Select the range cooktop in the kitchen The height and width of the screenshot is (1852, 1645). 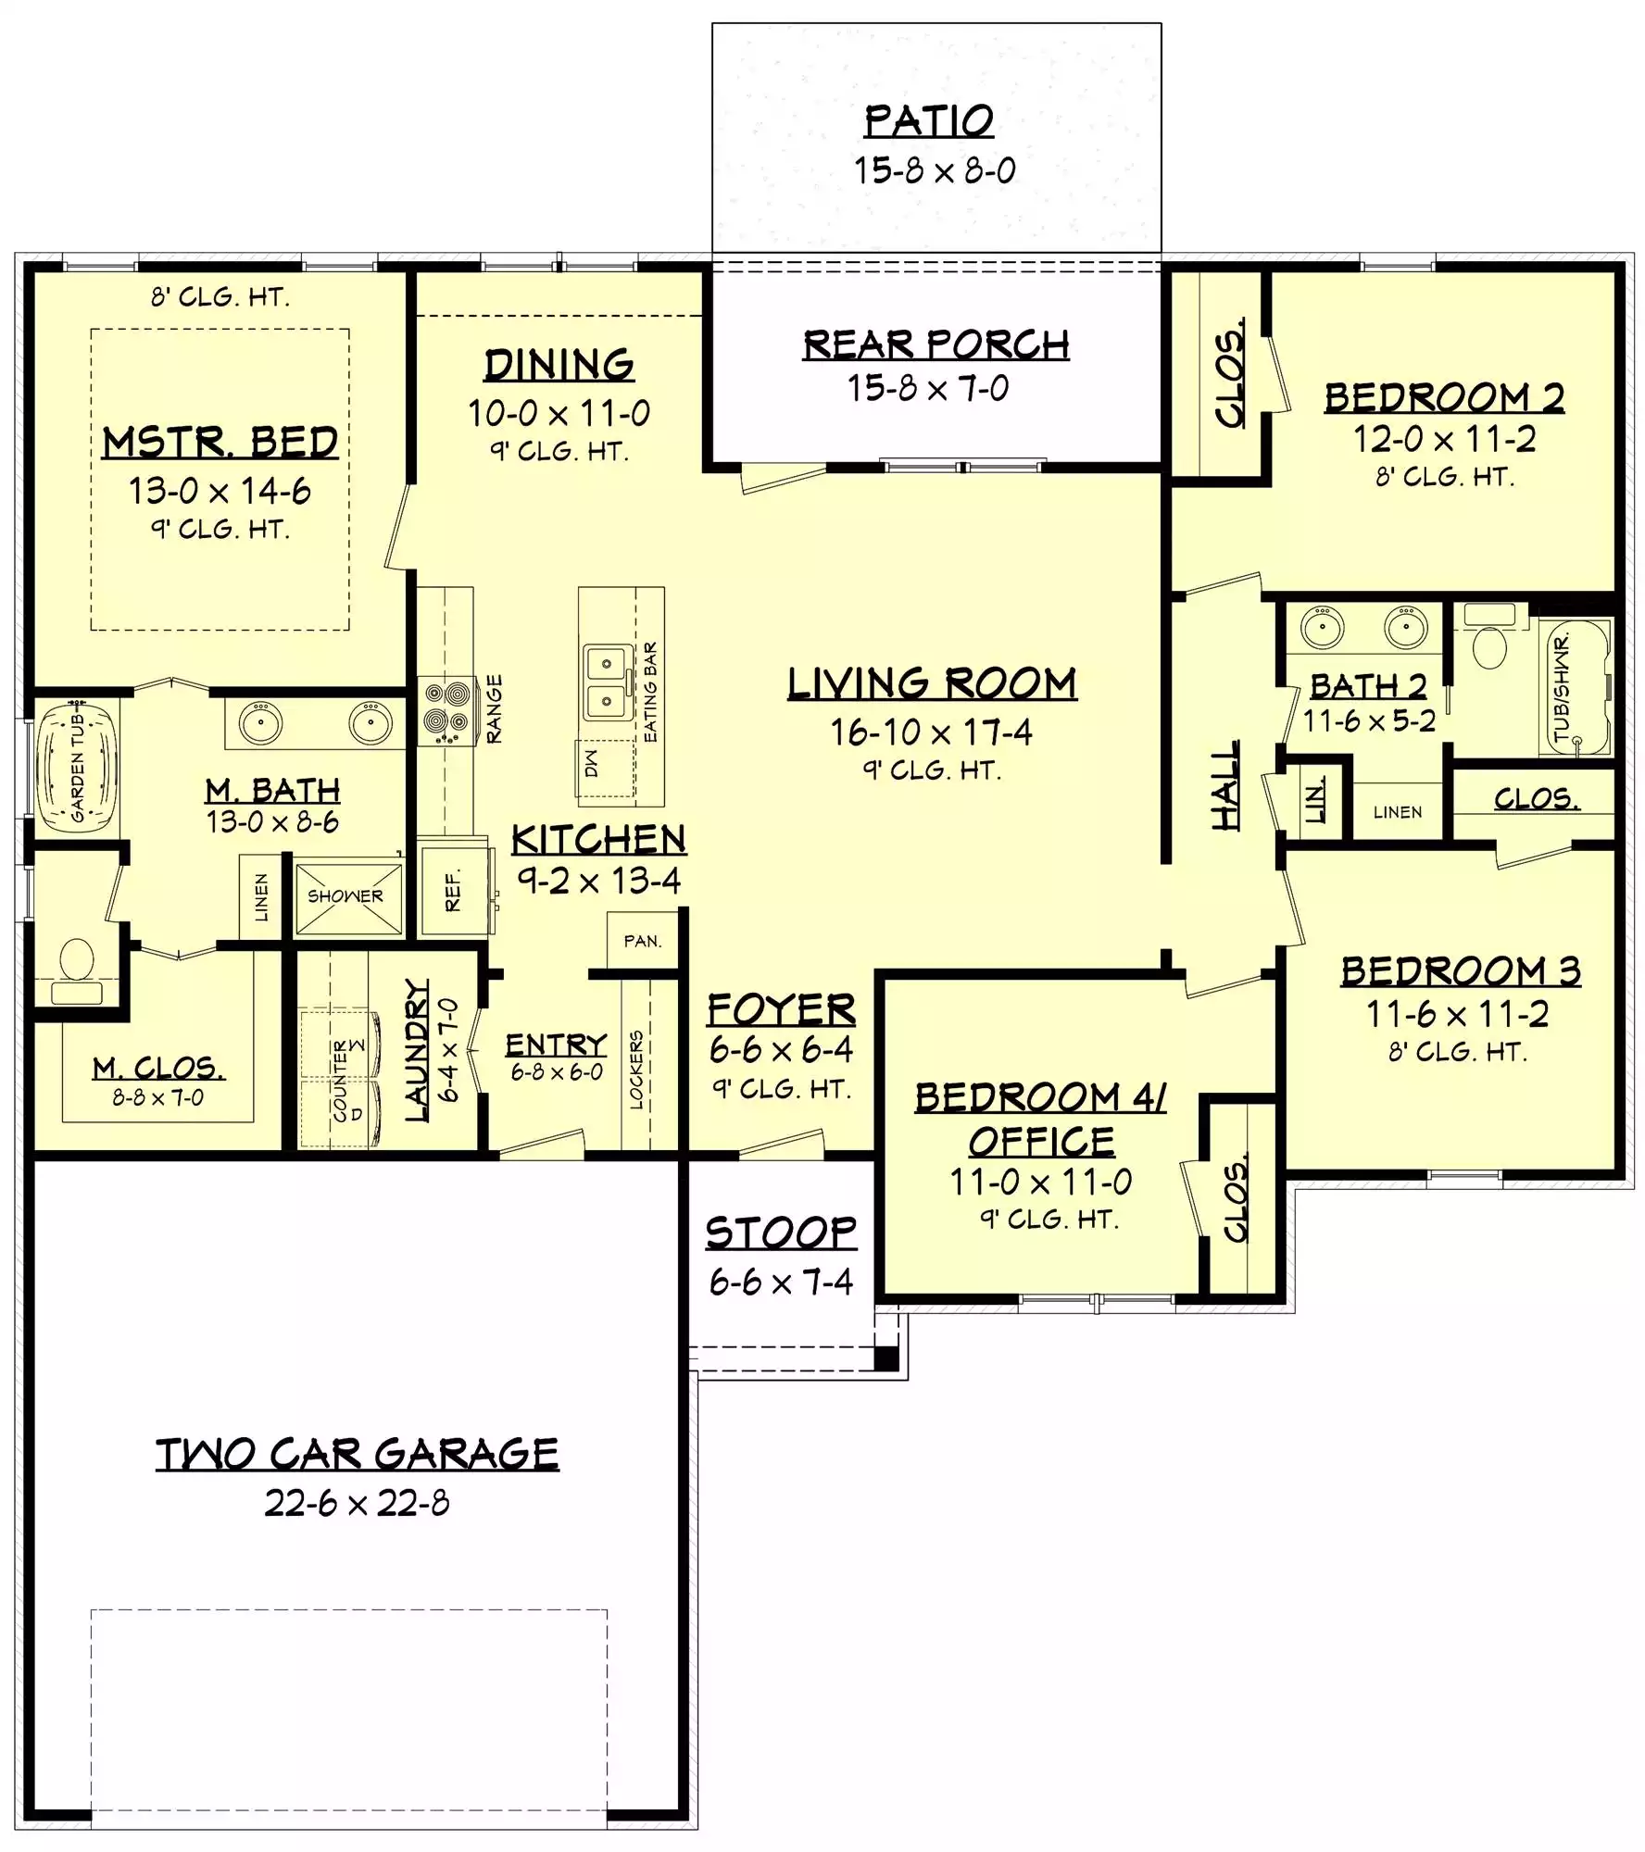click(x=446, y=711)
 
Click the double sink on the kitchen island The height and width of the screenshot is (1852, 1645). click(x=607, y=682)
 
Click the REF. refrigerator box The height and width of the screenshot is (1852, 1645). click(x=454, y=890)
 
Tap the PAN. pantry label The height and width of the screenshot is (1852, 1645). click(x=643, y=942)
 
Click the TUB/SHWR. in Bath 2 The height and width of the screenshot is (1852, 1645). click(x=1575, y=686)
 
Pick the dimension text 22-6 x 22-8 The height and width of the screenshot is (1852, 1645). click(x=357, y=1503)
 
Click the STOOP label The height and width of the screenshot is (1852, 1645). click(x=781, y=1233)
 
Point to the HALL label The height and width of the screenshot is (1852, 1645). click(x=1224, y=785)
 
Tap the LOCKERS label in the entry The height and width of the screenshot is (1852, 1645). click(x=635, y=1069)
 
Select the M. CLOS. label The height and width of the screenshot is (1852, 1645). click(x=158, y=1069)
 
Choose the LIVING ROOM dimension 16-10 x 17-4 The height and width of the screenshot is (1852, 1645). click(x=931, y=732)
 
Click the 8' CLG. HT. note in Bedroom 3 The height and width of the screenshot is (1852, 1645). click(x=1457, y=1052)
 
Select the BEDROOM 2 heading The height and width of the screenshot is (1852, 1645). click(x=1444, y=397)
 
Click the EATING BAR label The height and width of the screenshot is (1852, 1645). click(x=650, y=692)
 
